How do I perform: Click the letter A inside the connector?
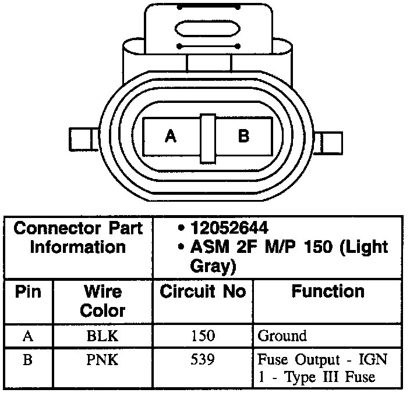click(170, 137)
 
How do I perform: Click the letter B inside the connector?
click(244, 137)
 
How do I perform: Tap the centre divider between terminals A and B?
click(208, 138)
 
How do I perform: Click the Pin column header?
click(28, 291)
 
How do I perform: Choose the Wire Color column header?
click(102, 300)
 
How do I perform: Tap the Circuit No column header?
click(203, 291)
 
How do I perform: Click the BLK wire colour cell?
click(102, 335)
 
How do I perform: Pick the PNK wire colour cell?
click(102, 360)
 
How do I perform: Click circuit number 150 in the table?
click(202, 335)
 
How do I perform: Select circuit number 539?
click(202, 360)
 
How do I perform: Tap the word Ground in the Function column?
click(281, 335)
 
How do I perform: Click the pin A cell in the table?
click(27, 335)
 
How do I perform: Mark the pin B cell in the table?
click(27, 360)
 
